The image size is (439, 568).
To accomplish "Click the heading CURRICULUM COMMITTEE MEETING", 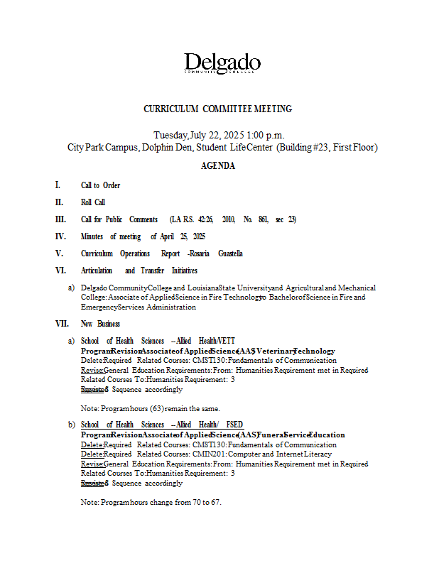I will coord(217,109).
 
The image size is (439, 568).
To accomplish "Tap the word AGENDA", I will coord(218,166).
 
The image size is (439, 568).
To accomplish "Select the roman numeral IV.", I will coord(60,236).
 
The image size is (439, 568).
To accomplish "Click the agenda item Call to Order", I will coord(100,185).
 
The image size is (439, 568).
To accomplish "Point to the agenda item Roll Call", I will coord(93,202).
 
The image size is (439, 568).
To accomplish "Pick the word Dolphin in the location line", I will coord(158,148).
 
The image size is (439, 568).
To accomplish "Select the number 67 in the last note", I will coord(216,503).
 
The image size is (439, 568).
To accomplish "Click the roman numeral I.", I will coord(57,185).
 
